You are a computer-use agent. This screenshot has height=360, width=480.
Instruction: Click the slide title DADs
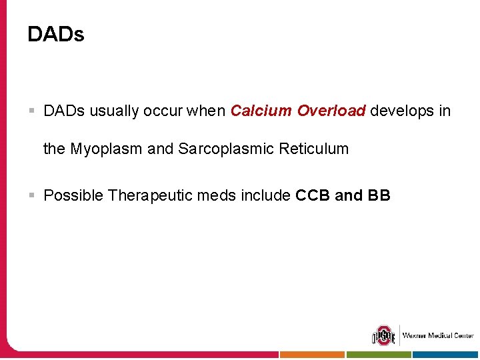(56, 35)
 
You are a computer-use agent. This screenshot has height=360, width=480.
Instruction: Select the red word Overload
(331, 111)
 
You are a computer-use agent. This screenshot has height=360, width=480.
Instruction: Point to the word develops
(401, 111)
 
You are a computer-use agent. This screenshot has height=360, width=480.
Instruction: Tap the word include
(266, 196)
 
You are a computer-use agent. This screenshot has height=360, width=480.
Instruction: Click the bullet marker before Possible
(31, 196)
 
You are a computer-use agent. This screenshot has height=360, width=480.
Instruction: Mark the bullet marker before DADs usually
(31, 111)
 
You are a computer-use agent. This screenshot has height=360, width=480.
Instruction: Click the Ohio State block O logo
(383, 335)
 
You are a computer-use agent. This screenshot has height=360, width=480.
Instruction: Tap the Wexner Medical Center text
(437, 335)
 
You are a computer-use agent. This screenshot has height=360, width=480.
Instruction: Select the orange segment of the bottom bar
(312, 355)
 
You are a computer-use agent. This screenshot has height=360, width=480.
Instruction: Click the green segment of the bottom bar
(379, 355)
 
